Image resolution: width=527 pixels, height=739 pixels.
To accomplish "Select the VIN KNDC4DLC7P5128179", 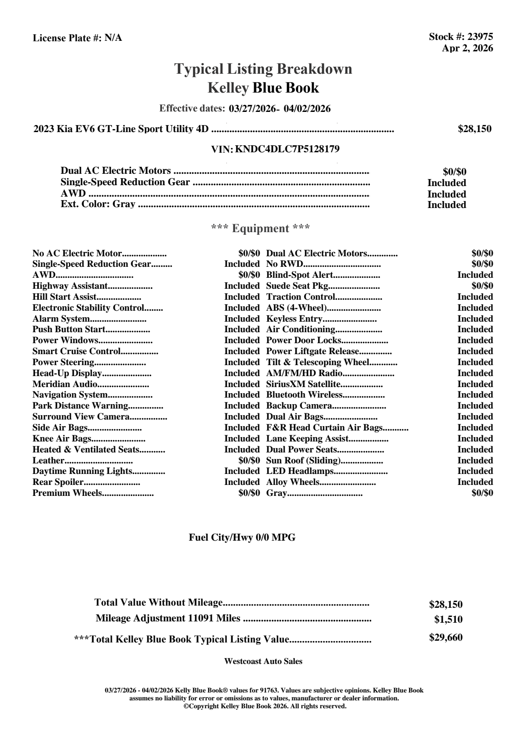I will pyautogui.click(x=287, y=149).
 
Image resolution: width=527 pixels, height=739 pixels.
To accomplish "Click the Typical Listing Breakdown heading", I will pyautogui.click(x=263, y=69).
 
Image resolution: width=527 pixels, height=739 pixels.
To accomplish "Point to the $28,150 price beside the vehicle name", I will pyautogui.click(x=474, y=129).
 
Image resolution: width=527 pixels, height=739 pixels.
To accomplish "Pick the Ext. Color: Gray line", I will pyautogui.click(x=98, y=204).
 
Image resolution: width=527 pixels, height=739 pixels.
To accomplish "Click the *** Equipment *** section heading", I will pyautogui.click(x=261, y=229).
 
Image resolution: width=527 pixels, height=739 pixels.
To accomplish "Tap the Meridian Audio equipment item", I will pyautogui.click(x=65, y=384).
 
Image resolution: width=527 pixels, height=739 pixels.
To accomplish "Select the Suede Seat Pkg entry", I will pyautogui.click(x=298, y=286).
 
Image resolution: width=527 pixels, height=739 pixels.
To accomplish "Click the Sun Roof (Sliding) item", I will pyautogui.click(x=303, y=461).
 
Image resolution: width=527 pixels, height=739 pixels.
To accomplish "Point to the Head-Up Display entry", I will pyautogui.click(x=67, y=373).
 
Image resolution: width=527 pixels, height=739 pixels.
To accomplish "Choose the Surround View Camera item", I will pyautogui.click(x=81, y=417).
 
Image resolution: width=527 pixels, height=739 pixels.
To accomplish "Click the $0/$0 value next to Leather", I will pyautogui.click(x=249, y=461).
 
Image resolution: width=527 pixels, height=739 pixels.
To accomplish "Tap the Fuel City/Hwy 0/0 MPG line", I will pyautogui.click(x=242, y=538).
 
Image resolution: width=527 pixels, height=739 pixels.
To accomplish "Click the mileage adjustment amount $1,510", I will pyautogui.click(x=448, y=620).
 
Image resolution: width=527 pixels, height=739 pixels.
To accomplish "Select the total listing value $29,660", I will pyautogui.click(x=446, y=638).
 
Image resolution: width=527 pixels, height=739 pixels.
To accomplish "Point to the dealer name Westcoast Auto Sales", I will pyautogui.click(x=263, y=661).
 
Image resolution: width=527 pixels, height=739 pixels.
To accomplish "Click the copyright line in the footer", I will pyautogui.click(x=265, y=707).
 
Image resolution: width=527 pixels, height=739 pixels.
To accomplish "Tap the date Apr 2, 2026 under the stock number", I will pyautogui.click(x=467, y=48).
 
